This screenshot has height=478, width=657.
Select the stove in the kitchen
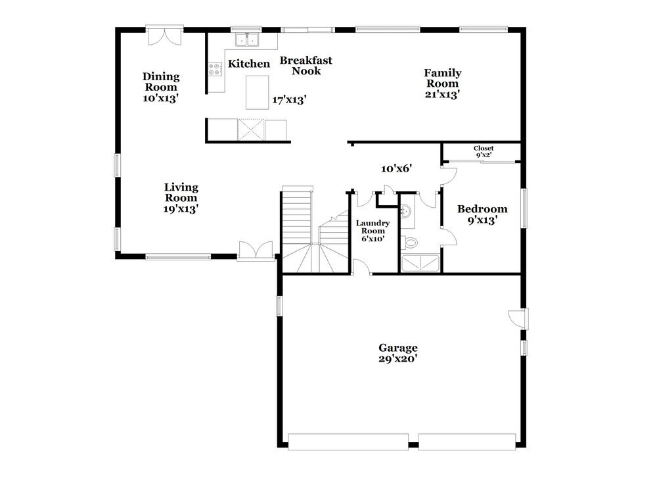[x=214, y=68]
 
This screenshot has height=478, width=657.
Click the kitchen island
[x=257, y=92]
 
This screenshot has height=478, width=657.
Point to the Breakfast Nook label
[x=306, y=65]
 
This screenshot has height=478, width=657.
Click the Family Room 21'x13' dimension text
[x=442, y=94]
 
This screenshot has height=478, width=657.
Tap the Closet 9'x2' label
[x=483, y=152]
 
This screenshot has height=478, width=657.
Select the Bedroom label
[x=482, y=209]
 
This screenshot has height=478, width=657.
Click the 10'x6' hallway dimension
[x=396, y=168]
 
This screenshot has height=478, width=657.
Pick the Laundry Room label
[x=373, y=231]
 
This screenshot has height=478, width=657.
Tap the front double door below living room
[x=256, y=251]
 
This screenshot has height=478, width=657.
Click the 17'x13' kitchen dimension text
[x=289, y=100]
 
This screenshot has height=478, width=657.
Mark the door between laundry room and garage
[x=361, y=267]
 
